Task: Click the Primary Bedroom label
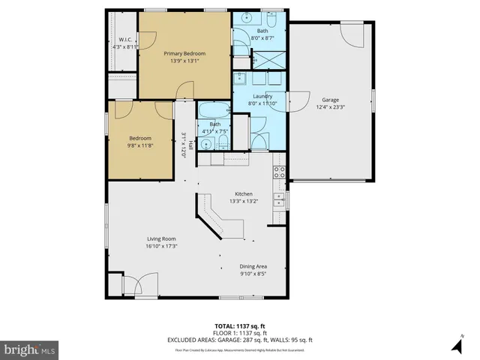184,54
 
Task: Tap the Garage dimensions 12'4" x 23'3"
330,106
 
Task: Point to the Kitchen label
244,193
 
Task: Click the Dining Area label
253,266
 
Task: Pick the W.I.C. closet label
124,39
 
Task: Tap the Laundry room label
262,96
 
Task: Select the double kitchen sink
279,199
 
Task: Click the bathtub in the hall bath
214,111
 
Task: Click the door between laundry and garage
295,101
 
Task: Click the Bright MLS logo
30,349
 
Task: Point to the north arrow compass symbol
457,344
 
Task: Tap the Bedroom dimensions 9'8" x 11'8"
139,145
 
